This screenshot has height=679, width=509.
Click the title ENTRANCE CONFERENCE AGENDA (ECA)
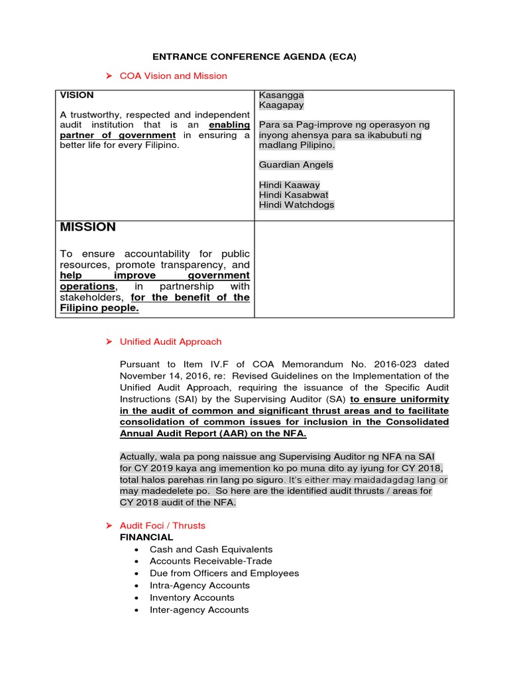coord(254,56)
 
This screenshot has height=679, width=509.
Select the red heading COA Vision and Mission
coord(173,76)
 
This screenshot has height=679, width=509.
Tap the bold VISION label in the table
coord(77,95)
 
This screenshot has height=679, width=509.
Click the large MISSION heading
coord(87,227)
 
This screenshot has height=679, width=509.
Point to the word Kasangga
coord(281,95)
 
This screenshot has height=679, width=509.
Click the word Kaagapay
coord(281,105)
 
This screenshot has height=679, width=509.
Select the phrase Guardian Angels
coord(296,164)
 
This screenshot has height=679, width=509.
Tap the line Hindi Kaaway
coord(289,185)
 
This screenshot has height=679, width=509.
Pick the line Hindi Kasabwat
coord(293,195)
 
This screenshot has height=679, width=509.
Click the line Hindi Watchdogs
coord(296,205)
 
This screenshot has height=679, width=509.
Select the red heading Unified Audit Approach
coord(170,341)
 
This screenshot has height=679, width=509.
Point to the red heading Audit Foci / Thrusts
coord(162,525)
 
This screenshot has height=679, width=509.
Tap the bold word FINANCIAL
coord(146,537)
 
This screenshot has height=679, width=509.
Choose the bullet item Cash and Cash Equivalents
coord(211,549)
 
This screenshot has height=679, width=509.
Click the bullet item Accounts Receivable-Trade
coord(211,561)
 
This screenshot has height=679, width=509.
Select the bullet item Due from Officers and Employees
coord(224,573)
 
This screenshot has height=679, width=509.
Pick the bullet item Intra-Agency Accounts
coord(199,586)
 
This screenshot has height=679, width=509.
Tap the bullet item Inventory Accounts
coord(192,597)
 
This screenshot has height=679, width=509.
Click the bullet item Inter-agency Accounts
coord(199,609)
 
